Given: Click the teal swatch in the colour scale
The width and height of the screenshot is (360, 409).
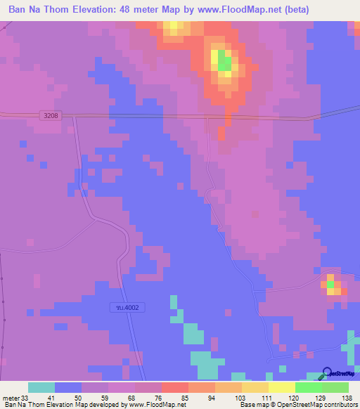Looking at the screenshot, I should coord(41,387).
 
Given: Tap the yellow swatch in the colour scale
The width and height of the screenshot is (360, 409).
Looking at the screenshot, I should coord(282,387).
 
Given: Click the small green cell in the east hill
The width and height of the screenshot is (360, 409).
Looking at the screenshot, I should coord(330,284).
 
